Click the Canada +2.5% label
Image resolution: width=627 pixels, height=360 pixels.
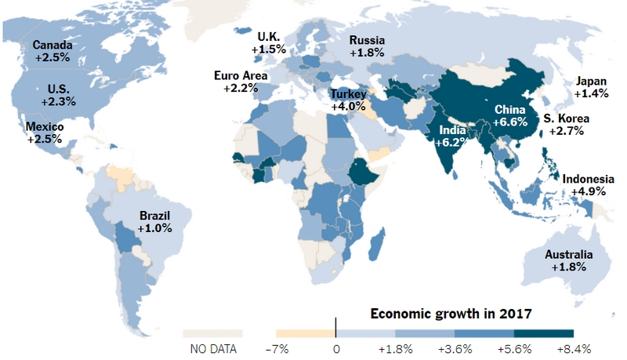(53, 52)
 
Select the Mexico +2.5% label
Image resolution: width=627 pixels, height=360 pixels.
(45, 133)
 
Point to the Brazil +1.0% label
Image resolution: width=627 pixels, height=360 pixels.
(154, 220)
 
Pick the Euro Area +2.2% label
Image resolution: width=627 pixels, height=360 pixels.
(240, 82)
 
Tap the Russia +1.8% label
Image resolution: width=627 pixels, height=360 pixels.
(366, 46)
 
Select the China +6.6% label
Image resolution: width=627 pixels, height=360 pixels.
(510, 117)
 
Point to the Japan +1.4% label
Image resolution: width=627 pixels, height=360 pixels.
(589, 87)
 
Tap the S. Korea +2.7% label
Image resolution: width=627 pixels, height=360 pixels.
(567, 125)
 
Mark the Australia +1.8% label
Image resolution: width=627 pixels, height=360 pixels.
(567, 261)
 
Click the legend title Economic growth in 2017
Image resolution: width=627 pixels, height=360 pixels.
(451, 314)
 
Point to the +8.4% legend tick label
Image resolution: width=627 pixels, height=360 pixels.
(574, 347)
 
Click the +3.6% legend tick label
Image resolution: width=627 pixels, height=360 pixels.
(455, 347)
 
